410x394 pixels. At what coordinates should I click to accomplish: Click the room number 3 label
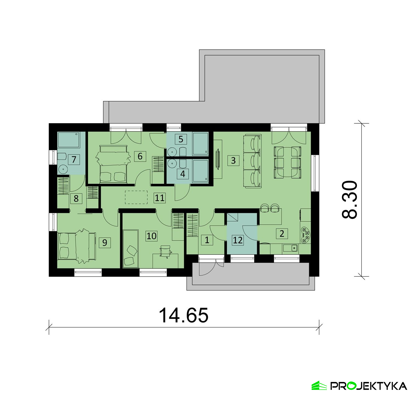tap(233, 160)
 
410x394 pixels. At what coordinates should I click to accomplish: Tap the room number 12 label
tap(238, 240)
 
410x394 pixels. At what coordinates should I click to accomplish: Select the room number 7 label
tap(74, 159)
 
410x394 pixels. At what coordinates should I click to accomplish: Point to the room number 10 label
tap(152, 236)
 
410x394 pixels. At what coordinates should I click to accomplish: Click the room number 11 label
tap(160, 198)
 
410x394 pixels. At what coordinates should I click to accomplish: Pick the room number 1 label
tap(207, 240)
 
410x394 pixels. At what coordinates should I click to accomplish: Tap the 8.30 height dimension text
tap(350, 199)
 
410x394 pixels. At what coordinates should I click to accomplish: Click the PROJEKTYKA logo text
tap(369, 386)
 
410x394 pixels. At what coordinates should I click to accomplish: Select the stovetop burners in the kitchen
tap(305, 235)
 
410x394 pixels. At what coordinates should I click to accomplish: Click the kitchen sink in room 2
tap(291, 248)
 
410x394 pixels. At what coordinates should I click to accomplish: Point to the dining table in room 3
tap(287, 163)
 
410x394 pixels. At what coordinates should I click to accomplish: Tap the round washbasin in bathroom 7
tap(63, 169)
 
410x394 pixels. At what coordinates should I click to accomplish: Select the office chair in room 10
tap(165, 251)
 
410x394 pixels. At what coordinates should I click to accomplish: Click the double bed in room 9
tap(77, 246)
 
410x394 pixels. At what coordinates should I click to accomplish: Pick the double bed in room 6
tap(112, 164)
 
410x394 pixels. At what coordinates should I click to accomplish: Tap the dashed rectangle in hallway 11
tap(136, 197)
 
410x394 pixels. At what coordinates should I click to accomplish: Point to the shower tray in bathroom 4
tap(200, 171)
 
